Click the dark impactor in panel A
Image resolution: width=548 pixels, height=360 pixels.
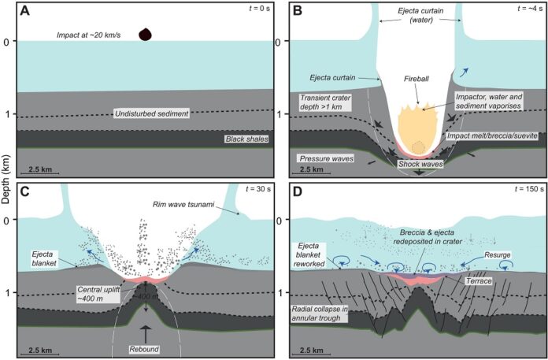[146, 34]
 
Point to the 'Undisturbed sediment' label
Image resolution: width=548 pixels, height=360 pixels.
[152, 113]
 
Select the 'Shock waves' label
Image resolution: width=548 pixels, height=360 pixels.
[420, 164]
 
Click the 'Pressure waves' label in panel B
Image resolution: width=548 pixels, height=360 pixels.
[327, 158]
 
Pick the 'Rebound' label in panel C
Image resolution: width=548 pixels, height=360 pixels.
[144, 349]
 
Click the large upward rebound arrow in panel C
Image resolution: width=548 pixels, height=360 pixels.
[146, 333]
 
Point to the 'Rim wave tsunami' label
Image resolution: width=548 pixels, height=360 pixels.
[183, 205]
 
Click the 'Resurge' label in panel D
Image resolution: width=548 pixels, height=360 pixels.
[498, 255]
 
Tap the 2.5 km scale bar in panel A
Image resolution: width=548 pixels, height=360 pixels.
[39, 173]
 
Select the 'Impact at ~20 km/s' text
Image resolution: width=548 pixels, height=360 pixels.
[89, 35]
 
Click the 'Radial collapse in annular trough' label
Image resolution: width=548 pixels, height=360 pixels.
[320, 314]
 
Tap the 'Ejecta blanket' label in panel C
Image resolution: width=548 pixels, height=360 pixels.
[44, 259]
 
